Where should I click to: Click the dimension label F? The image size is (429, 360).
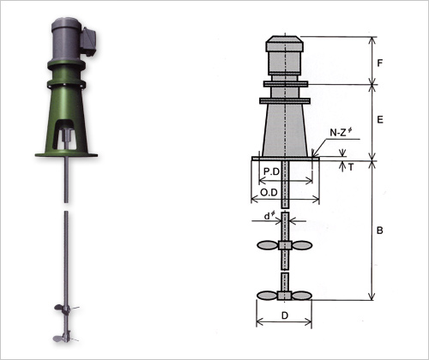click(x=379, y=63)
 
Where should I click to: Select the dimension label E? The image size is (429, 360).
click(x=380, y=119)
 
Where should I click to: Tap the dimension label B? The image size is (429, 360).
click(x=380, y=231)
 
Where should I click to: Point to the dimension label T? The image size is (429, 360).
click(x=351, y=167)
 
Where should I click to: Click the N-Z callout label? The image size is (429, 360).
click(x=341, y=132)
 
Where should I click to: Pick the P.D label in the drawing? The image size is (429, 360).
click(x=271, y=171)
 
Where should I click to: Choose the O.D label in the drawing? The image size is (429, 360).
click(x=269, y=193)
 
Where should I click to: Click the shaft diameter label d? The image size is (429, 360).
click(x=268, y=216)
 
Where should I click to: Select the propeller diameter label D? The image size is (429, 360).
click(x=285, y=315)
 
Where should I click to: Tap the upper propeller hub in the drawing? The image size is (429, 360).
click(x=285, y=245)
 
